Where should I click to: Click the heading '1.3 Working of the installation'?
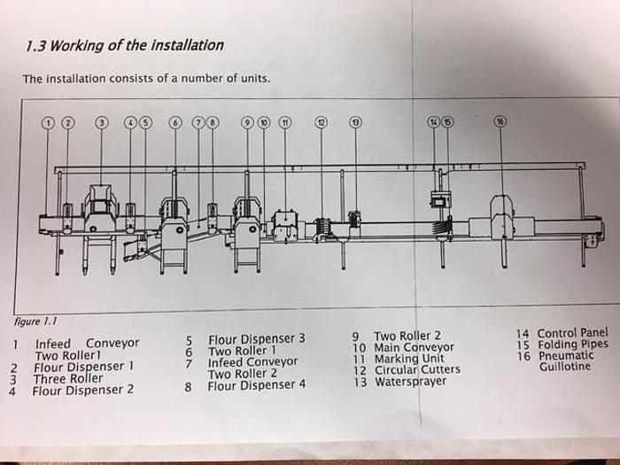(124, 45)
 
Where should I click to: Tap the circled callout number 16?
(501, 122)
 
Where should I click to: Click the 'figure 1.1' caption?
(31, 322)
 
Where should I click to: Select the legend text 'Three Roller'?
(68, 378)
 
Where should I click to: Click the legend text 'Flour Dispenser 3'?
(256, 338)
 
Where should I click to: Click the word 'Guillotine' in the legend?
(564, 367)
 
